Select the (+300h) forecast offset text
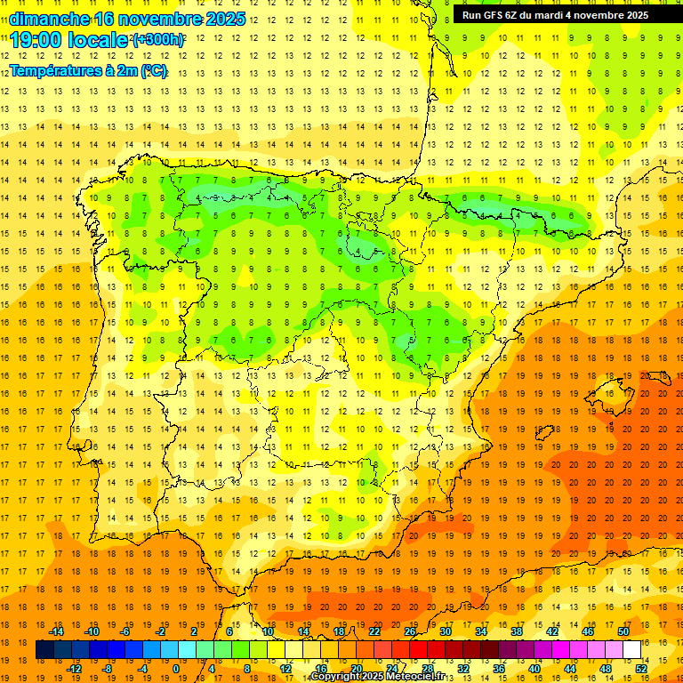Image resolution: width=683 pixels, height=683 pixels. point(158,40)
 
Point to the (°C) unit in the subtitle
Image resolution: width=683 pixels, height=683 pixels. point(154,70)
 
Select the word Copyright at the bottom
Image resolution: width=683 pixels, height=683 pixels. point(338,677)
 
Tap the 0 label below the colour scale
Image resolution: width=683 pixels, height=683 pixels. point(176,669)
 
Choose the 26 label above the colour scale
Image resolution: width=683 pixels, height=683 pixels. point(410,631)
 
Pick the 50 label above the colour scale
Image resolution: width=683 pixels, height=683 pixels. point(623,631)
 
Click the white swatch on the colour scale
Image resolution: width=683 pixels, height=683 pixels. point(631,650)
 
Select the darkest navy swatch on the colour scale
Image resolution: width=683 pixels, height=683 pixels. point(45,650)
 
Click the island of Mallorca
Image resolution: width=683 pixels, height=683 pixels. point(606,392)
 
